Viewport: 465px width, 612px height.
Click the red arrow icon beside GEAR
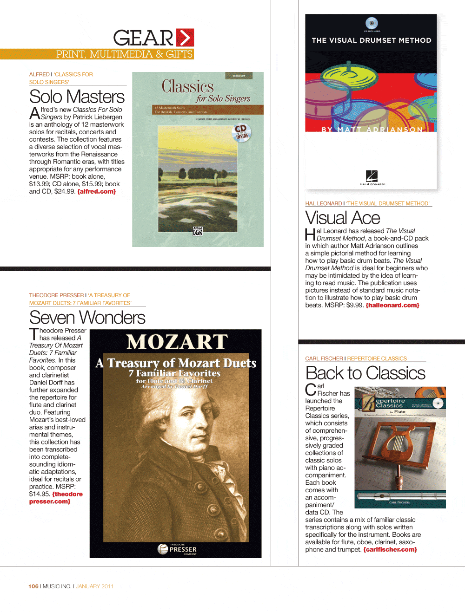(x=185, y=38)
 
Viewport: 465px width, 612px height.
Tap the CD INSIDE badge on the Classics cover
(x=241, y=132)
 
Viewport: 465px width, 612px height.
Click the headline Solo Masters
(x=77, y=97)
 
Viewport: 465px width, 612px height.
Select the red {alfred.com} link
(x=97, y=191)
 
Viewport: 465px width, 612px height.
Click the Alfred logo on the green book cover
(x=198, y=231)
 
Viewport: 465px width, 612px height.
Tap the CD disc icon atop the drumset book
(x=372, y=23)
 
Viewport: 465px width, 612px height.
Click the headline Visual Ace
(x=343, y=218)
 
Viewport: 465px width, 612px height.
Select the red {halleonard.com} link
(x=392, y=305)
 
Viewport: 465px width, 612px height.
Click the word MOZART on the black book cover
(x=177, y=342)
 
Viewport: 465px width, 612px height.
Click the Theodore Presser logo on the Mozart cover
(x=177, y=549)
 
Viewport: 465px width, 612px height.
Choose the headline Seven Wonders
(x=87, y=318)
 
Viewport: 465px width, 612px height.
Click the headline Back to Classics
(x=365, y=373)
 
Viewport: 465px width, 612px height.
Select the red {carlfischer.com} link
(x=390, y=549)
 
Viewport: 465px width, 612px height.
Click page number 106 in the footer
(x=33, y=586)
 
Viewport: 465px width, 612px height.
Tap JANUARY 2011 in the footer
(x=94, y=586)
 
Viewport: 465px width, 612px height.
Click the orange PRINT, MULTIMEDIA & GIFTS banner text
(x=124, y=54)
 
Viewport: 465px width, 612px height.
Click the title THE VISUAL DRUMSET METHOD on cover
(x=372, y=40)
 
